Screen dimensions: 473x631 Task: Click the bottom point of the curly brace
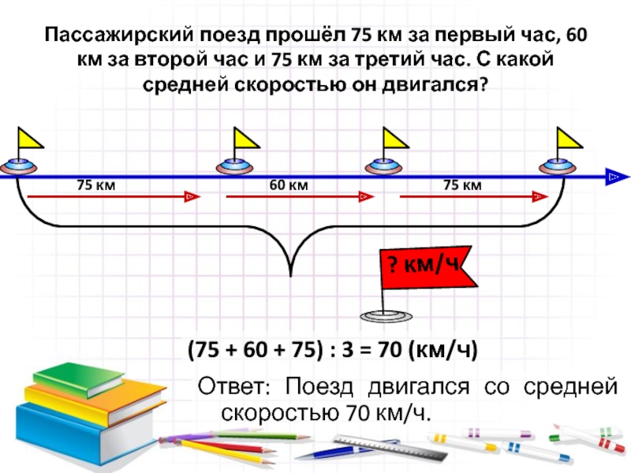293,275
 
